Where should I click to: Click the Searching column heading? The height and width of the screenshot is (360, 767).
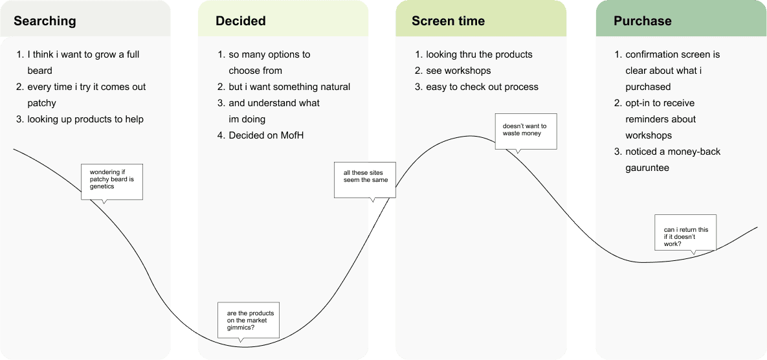pyautogui.click(x=45, y=21)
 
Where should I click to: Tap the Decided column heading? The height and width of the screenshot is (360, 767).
pyautogui.click(x=241, y=21)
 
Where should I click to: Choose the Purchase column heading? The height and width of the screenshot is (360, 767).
pyautogui.click(x=643, y=21)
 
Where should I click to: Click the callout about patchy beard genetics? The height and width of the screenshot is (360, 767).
pyautogui.click(x=112, y=179)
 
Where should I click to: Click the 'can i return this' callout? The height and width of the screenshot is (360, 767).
pyautogui.click(x=685, y=233)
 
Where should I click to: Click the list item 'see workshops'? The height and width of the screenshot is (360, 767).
pyautogui.click(x=458, y=71)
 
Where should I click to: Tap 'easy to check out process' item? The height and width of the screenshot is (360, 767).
pyautogui.click(x=482, y=87)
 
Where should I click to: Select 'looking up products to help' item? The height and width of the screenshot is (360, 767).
pyautogui.click(x=85, y=119)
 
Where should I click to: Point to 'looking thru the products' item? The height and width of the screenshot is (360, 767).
pyautogui.click(x=479, y=54)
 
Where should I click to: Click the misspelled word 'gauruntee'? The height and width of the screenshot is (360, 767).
pyautogui.click(x=648, y=168)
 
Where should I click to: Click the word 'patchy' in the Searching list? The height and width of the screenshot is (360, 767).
pyautogui.click(x=41, y=103)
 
